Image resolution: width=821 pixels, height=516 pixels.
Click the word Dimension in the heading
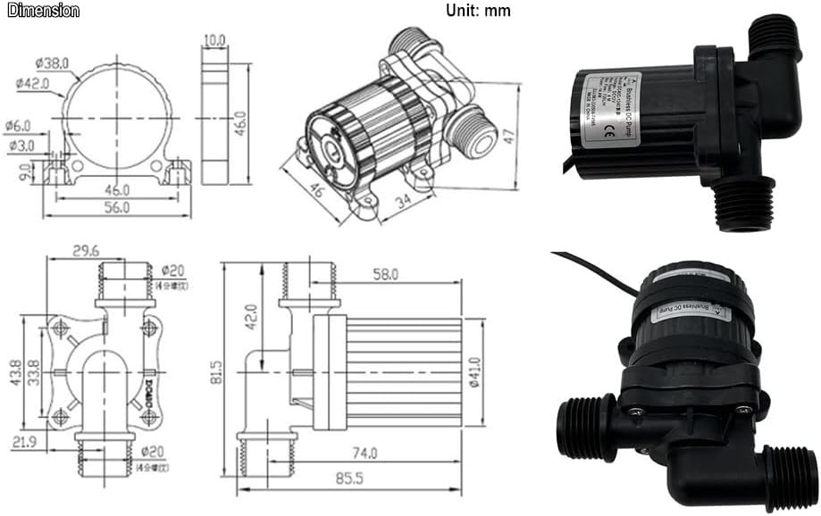pos(43,11)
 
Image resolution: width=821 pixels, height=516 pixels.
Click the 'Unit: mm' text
pos(478,11)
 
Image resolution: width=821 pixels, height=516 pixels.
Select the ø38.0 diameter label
pos(53,62)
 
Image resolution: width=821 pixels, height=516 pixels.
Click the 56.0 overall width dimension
pos(116,206)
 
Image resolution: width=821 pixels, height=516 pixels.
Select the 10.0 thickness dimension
pos(214,40)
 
